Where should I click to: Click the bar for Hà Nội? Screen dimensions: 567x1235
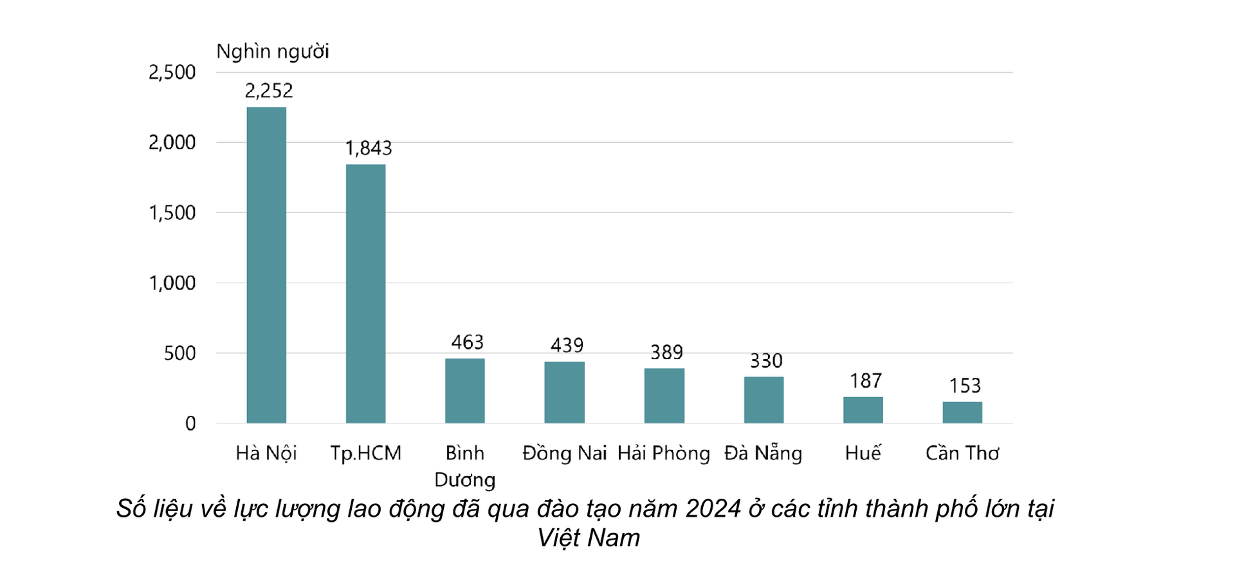coord(266,265)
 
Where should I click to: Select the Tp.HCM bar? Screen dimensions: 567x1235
coord(365,294)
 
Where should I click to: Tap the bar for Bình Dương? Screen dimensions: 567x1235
coord(464,391)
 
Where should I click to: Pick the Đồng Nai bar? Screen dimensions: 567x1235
coord(564,393)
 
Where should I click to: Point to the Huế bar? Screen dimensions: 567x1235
coord(863,410)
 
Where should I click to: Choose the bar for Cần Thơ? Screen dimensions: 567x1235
coord(962,413)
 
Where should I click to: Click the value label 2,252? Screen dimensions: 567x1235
coord(268,91)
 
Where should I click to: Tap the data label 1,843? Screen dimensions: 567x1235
coord(368,149)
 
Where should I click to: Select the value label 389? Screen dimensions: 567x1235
coord(666,353)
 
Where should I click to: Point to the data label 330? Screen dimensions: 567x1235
coord(765,361)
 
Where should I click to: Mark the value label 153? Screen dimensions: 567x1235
coord(964,386)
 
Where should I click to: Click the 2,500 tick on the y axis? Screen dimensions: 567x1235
coord(172,72)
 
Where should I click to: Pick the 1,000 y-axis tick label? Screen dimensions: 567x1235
coord(172,283)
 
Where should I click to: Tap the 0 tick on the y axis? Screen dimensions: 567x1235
coord(190,423)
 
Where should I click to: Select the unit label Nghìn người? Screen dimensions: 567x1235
coord(272,51)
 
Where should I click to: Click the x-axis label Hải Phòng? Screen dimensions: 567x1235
coord(663,453)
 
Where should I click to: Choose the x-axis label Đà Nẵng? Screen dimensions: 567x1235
coord(763,453)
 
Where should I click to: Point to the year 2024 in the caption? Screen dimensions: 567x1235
coord(713,508)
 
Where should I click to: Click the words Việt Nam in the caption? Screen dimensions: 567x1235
coord(589,538)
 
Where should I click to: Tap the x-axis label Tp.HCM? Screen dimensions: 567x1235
coord(365,453)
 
